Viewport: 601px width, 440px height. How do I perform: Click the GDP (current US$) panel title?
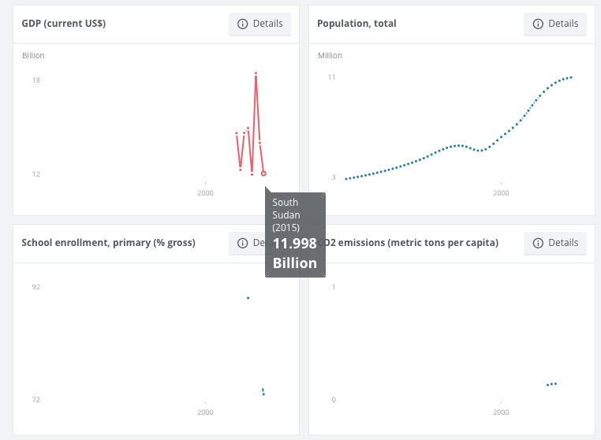[x=64, y=24]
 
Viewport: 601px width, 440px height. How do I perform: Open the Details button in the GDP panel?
[x=259, y=24]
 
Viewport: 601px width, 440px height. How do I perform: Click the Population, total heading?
[x=356, y=24]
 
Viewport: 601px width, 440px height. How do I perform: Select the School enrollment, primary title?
[x=108, y=242]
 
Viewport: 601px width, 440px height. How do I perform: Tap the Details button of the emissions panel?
[x=555, y=242]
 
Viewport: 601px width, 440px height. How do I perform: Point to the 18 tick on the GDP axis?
[x=36, y=80]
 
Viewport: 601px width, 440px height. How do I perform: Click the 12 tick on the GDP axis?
[x=36, y=174]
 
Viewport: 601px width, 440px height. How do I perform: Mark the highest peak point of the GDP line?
[x=256, y=73]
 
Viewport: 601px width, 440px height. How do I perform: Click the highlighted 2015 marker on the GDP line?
[x=263, y=173]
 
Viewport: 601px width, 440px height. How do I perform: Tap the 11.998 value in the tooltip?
[x=295, y=244]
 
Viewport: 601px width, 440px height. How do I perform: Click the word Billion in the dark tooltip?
[x=295, y=263]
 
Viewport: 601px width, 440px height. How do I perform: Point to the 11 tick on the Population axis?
[x=332, y=77]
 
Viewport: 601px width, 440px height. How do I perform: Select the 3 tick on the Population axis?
[x=334, y=177]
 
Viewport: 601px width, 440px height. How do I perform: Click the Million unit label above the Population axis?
[x=330, y=56]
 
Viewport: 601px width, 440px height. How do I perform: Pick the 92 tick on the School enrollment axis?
[x=36, y=287]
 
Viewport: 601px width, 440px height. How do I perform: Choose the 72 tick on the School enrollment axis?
[x=36, y=400]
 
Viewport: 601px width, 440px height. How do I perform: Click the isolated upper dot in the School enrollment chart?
[x=248, y=298]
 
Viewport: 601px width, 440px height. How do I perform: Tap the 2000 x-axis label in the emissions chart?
[x=500, y=412]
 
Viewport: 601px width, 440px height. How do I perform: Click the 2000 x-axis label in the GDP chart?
[x=205, y=193]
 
